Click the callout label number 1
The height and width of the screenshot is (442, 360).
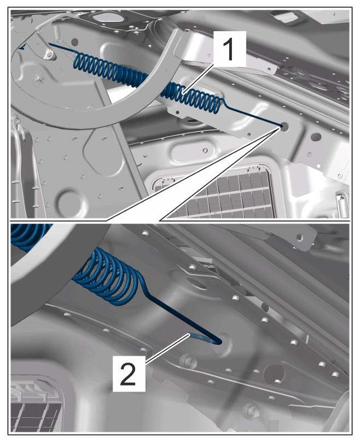point(230,49)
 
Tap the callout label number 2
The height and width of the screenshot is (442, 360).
point(129,373)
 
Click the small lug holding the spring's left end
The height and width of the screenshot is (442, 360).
point(49,54)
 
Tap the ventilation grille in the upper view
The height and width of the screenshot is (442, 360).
point(214,192)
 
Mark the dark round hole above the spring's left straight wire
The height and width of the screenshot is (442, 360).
point(74,42)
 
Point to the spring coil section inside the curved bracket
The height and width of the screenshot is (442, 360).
point(110,71)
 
